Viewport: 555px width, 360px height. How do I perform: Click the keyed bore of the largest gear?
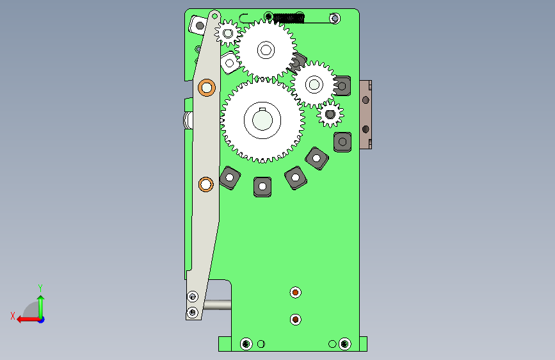pos(262,120)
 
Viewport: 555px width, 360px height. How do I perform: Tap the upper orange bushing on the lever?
pos(207,88)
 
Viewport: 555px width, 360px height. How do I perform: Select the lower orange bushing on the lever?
pos(206,184)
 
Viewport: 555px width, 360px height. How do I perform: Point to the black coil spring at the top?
pos(289,18)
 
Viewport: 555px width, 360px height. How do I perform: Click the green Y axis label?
pos(40,288)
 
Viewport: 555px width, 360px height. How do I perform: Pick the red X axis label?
pos(13,316)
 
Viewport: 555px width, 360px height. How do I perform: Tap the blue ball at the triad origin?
pos(42,320)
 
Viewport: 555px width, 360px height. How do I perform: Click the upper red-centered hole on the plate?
pos(296,293)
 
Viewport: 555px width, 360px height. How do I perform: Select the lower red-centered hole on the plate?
pos(296,320)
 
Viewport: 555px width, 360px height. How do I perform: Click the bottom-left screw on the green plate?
pos(246,344)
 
